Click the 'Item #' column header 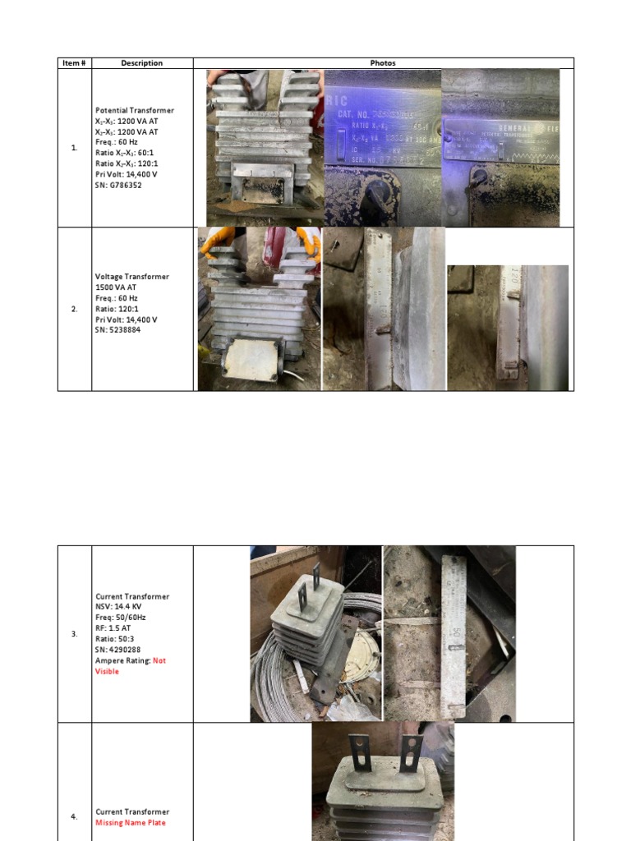(x=75, y=63)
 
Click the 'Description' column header (x=142, y=63)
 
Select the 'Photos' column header (x=383, y=63)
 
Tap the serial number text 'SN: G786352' (x=119, y=185)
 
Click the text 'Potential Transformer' (x=135, y=110)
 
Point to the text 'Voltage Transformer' (x=132, y=277)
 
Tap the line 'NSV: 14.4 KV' (x=119, y=607)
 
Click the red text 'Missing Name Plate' (x=131, y=822)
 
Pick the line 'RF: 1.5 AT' (x=114, y=628)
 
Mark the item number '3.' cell (x=75, y=634)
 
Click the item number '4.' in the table (x=75, y=817)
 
